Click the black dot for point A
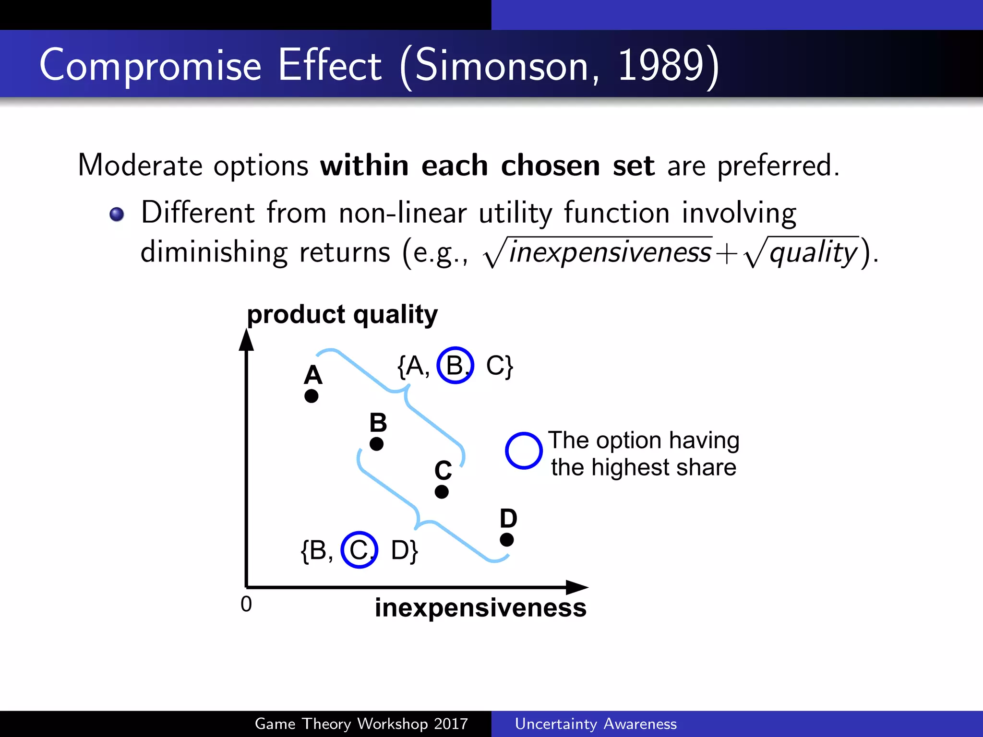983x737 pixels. point(312,396)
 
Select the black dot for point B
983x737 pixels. point(377,444)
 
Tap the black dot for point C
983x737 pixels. point(442,492)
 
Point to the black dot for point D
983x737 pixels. point(507,540)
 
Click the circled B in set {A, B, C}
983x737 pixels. point(455,365)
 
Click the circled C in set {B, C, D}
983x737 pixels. point(359,550)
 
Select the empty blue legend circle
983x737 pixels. point(524,451)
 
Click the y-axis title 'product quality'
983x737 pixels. point(342,315)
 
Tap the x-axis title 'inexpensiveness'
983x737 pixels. point(480,608)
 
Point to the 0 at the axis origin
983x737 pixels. point(246,604)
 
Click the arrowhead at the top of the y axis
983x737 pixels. point(246,340)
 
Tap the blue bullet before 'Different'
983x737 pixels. point(117,214)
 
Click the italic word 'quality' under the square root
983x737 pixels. point(813,252)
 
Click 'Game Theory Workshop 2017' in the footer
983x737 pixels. point(361,724)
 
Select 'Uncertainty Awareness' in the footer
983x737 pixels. point(596,724)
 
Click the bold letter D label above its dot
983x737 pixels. point(508,518)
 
